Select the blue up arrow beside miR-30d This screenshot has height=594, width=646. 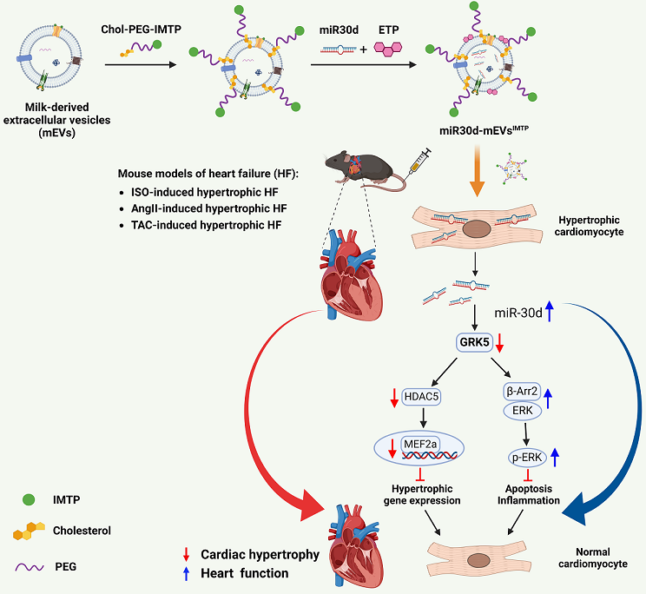tap(549, 312)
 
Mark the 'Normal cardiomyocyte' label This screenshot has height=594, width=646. tap(591, 557)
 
